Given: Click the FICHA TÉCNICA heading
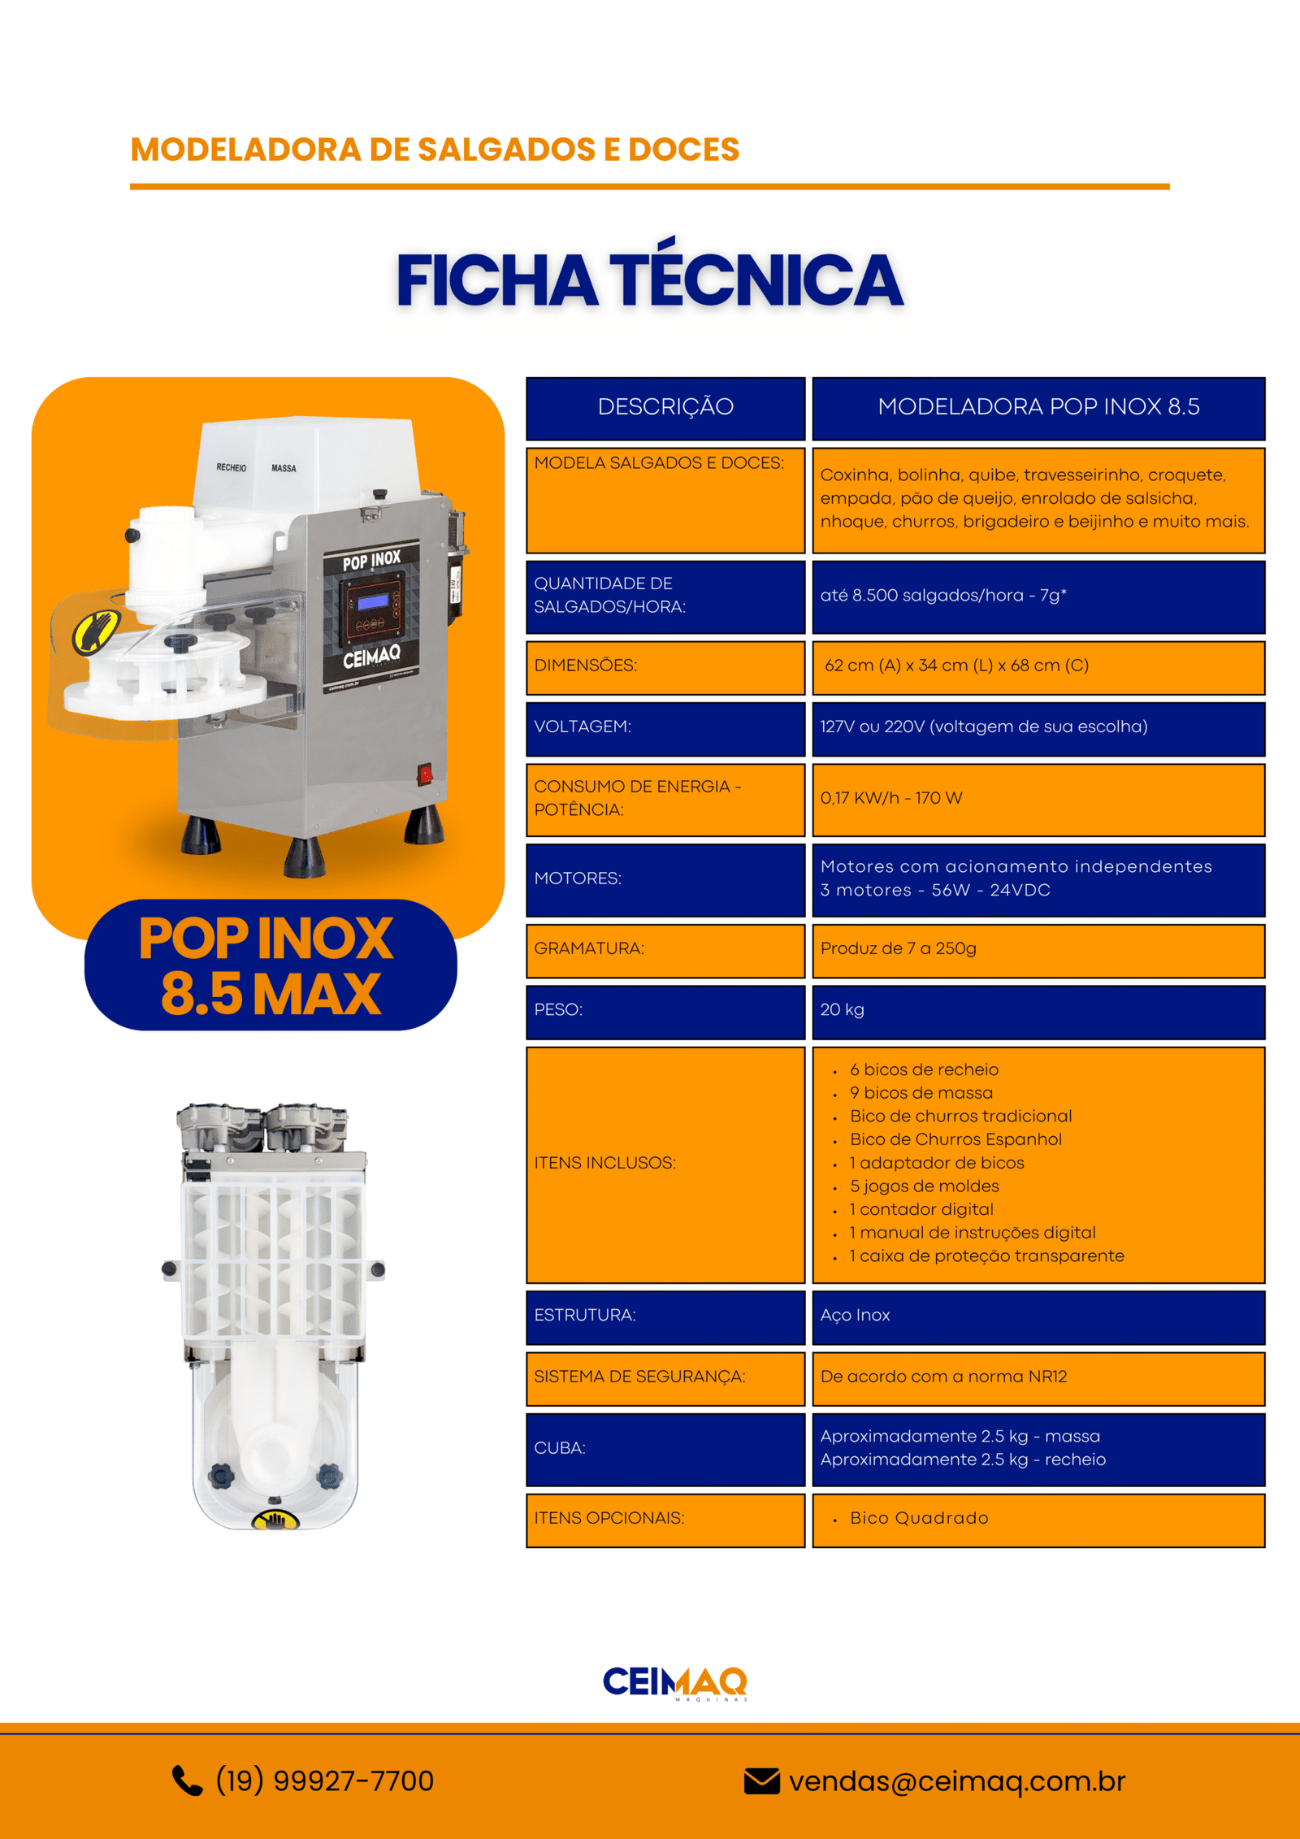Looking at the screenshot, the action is tap(649, 280).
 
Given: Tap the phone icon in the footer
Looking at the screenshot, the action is tap(187, 1780).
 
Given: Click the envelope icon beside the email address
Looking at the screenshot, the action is tap(761, 1780).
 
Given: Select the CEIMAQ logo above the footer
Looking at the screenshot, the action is tap(674, 1682).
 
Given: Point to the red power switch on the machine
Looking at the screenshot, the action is tap(424, 774).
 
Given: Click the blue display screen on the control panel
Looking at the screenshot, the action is tap(373, 601).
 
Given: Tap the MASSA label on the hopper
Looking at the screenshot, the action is tap(284, 468).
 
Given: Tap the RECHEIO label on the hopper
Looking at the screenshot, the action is tap(231, 467).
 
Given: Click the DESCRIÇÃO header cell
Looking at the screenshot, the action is tap(665, 408).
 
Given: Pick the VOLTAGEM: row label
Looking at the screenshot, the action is tap(583, 726).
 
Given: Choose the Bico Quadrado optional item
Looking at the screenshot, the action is tap(919, 1518).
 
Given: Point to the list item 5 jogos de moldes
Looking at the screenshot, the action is tap(924, 1186).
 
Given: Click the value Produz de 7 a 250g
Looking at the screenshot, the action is tap(898, 948).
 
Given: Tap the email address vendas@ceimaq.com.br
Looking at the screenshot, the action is tap(957, 1780).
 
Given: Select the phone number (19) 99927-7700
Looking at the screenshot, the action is tap(324, 1780).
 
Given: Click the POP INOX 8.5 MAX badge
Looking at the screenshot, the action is tap(271, 965).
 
